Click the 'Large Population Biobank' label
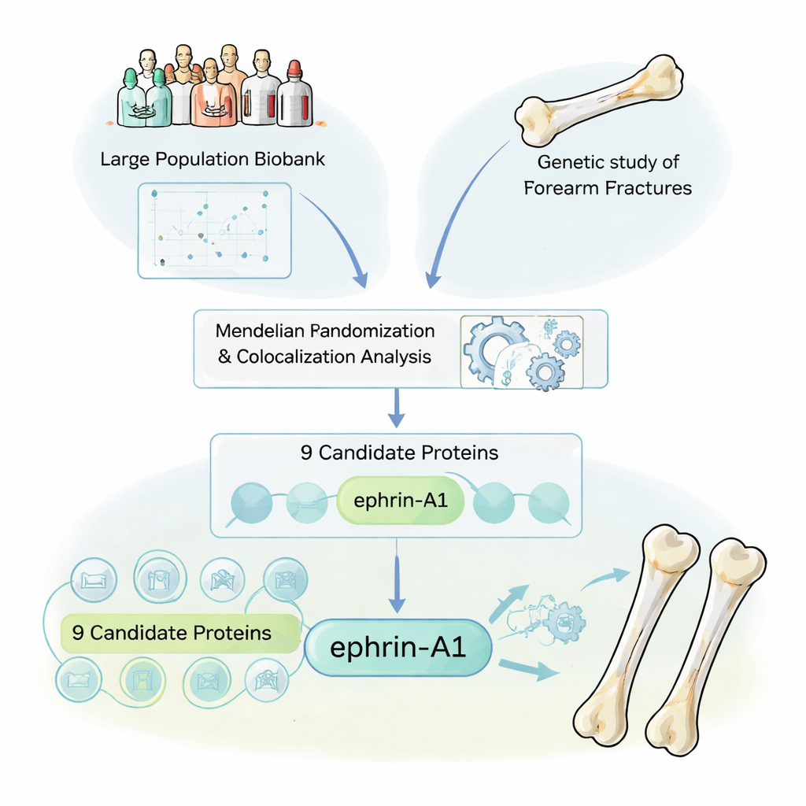(x=213, y=159)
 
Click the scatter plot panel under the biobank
(x=214, y=230)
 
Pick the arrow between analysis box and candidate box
(x=397, y=409)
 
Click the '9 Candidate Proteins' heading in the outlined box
(x=399, y=453)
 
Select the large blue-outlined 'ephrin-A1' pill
(x=398, y=648)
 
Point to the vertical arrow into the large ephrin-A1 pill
(x=397, y=575)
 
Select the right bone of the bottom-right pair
(x=704, y=645)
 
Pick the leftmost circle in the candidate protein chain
(x=251, y=502)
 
